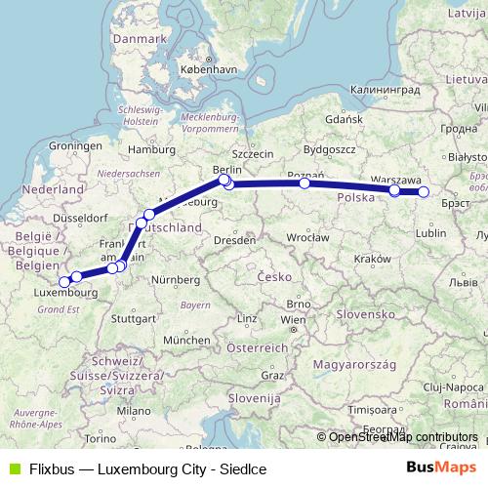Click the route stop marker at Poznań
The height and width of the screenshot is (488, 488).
tap(305, 183)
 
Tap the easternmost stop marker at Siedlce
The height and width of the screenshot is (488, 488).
tap(424, 192)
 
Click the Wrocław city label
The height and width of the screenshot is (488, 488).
tap(307, 237)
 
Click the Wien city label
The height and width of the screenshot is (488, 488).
tap(292, 319)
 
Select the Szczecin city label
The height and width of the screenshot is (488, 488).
tap(253, 153)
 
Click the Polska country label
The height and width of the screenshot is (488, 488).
tap(355, 197)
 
